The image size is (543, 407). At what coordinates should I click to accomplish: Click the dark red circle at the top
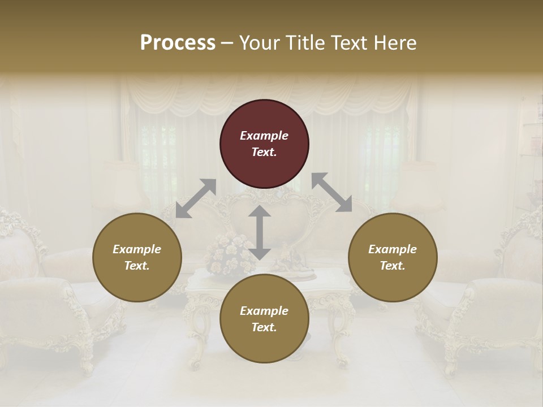[x=264, y=144]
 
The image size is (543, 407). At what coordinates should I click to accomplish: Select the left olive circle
[x=137, y=257]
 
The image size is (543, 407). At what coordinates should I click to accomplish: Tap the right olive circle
[x=393, y=257]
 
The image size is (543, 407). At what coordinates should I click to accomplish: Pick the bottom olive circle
[x=264, y=319]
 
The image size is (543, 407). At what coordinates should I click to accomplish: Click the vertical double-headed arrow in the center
[x=260, y=232]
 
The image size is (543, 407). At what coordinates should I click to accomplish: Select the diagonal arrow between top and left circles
[x=196, y=198]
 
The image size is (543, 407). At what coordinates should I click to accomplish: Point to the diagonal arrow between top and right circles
[x=331, y=192]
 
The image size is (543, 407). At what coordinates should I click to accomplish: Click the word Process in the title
[x=178, y=42]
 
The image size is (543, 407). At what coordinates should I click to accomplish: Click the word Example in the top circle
[x=264, y=136]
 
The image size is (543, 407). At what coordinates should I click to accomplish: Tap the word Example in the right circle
[x=393, y=249]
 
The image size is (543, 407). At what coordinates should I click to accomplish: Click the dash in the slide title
[x=227, y=43]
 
